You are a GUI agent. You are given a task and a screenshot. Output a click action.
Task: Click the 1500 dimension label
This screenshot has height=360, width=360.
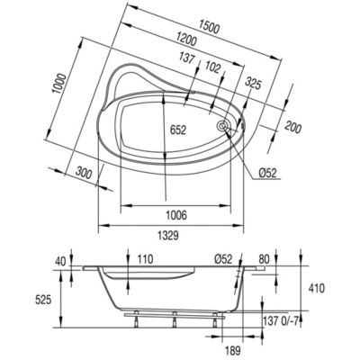pyautogui.click(x=210, y=27)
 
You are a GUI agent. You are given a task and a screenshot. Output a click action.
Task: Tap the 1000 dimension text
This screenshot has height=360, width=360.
pyautogui.click(x=58, y=83)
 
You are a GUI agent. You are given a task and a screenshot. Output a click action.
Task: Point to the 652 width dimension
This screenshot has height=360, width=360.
pyautogui.click(x=178, y=130)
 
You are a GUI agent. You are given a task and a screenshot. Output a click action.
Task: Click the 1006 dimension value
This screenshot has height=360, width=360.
pyautogui.click(x=176, y=215)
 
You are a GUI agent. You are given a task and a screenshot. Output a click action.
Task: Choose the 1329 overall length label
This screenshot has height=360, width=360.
pyautogui.click(x=168, y=235)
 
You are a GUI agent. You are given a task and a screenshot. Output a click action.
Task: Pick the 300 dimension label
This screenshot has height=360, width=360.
pyautogui.click(x=84, y=173)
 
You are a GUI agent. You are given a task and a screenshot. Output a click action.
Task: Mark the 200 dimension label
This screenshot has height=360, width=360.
pyautogui.click(x=292, y=127)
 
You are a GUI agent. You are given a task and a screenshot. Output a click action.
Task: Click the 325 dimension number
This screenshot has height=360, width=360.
pyautogui.click(x=254, y=85)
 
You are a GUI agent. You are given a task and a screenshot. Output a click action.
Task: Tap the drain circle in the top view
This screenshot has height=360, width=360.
pyautogui.click(x=223, y=125)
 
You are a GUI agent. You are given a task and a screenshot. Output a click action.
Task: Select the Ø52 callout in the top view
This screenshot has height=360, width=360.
pyautogui.click(x=267, y=173)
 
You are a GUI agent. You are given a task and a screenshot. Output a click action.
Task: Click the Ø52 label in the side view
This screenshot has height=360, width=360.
pyautogui.click(x=223, y=259)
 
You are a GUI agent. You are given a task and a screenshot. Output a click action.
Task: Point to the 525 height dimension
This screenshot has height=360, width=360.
pyautogui.click(x=43, y=300)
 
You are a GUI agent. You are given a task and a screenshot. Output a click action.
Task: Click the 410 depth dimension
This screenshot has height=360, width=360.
pyautogui.click(x=316, y=288)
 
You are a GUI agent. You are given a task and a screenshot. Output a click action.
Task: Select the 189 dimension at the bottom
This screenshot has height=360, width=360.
pyautogui.click(x=232, y=349)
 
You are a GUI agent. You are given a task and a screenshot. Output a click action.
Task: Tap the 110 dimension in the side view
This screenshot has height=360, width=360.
pyautogui.click(x=145, y=259)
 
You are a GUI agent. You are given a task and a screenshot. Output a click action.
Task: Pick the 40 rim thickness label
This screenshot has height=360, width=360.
pyautogui.click(x=60, y=261)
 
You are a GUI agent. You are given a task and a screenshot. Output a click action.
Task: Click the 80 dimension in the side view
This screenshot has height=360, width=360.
pyautogui.click(x=264, y=259)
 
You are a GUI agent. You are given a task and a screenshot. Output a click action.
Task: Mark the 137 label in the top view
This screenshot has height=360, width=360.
pyautogui.click(x=187, y=58)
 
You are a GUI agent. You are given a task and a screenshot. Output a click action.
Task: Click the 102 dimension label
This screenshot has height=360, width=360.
pyautogui.click(x=212, y=67)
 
